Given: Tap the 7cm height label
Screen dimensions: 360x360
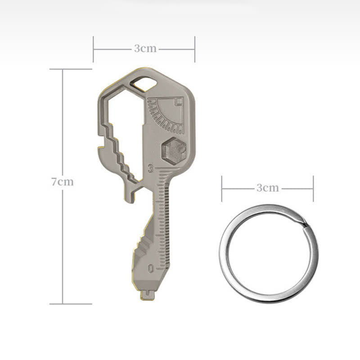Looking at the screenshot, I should pos(62,182).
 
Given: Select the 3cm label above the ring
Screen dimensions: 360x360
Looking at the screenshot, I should pos(268,188).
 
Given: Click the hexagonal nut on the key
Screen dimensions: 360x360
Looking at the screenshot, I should pos(173,149).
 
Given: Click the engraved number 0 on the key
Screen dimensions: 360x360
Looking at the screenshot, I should pos(150,269).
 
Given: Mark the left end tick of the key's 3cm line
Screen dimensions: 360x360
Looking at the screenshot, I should pos(93,49).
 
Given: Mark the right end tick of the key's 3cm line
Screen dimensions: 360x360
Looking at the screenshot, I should pos(195,49).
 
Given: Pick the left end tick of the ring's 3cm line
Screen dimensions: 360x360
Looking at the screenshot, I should pos(222,189).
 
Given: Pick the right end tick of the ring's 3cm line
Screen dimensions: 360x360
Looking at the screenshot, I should pos(313,189).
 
